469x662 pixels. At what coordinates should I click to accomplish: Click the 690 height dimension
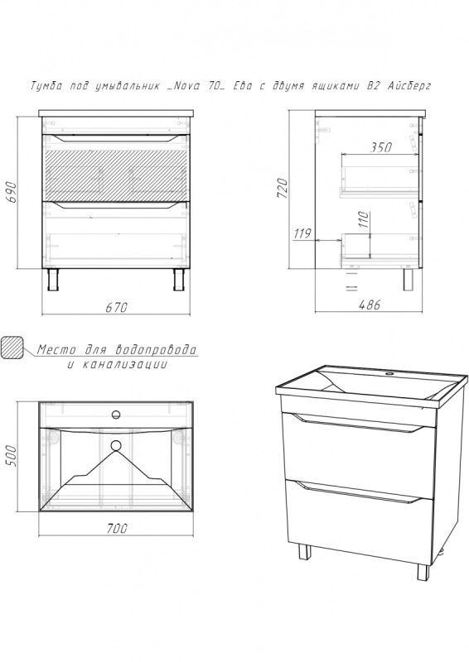(x=12, y=192)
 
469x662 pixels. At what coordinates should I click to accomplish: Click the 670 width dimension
(x=116, y=307)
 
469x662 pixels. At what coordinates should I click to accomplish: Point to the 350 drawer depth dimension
(x=381, y=147)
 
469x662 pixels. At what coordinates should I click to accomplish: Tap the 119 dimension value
(x=302, y=233)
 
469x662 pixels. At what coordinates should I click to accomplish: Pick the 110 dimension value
(x=364, y=219)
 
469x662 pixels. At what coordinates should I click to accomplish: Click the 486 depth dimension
(x=370, y=305)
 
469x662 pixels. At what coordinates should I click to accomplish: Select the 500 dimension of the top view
(x=12, y=456)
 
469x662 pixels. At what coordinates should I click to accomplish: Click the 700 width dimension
(x=116, y=528)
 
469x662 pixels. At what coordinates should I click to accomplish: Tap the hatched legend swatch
(x=12, y=348)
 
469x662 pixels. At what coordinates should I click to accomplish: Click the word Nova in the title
(x=186, y=86)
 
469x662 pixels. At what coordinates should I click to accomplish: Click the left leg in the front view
(x=53, y=279)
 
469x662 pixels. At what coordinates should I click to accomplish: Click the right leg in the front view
(x=178, y=279)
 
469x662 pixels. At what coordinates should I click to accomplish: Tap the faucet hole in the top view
(x=116, y=415)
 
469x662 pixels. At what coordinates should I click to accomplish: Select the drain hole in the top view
(x=116, y=445)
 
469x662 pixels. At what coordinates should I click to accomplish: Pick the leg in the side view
(x=409, y=279)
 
